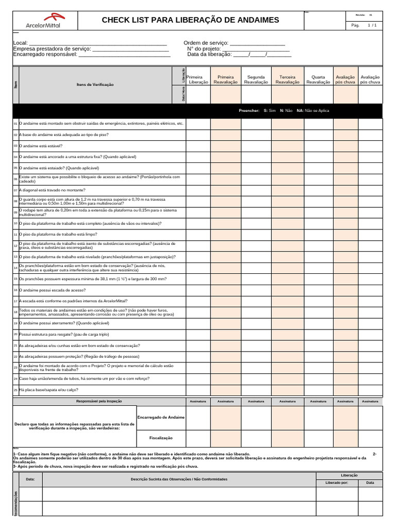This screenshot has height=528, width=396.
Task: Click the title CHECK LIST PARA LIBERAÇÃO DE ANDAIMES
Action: click(x=190, y=20)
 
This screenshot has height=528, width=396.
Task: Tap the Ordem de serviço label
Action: click(x=206, y=43)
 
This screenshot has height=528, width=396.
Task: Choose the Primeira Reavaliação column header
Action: click(x=225, y=79)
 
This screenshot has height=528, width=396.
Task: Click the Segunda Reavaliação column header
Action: click(x=256, y=79)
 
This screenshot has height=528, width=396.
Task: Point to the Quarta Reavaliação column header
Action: click(x=318, y=79)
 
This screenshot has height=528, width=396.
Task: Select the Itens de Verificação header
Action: click(x=95, y=85)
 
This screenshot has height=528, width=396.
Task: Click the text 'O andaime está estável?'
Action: click(x=41, y=146)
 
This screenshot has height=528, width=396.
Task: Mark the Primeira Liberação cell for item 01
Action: click(x=198, y=124)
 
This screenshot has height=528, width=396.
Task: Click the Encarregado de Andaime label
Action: click(x=160, y=417)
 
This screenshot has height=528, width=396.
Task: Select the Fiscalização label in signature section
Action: click(x=160, y=437)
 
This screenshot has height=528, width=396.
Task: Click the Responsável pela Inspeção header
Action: click(x=99, y=401)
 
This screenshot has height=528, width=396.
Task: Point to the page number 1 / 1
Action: click(x=372, y=25)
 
